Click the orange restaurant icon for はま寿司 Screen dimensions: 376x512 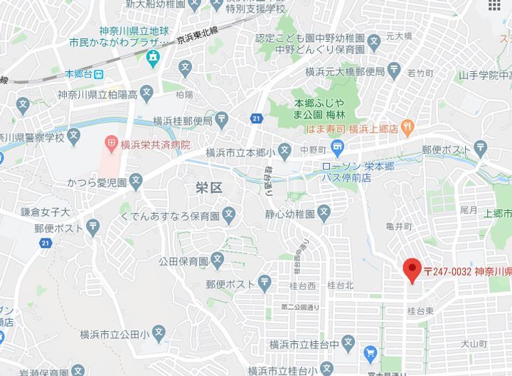click(x=407, y=128)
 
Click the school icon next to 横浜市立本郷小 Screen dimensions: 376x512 click(x=284, y=151)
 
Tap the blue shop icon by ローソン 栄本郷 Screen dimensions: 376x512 click(x=338, y=149)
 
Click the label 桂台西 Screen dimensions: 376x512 click(x=302, y=286)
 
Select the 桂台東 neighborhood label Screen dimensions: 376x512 click(x=421, y=310)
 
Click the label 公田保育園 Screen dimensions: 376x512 click(x=183, y=260)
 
